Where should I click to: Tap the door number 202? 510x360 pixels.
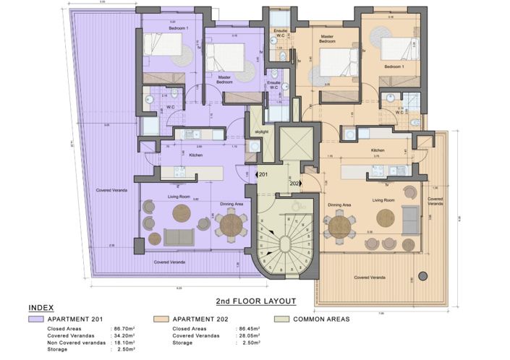(295, 183)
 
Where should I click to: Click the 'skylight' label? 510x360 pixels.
(260, 132)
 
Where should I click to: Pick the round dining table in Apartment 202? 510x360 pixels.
(339, 226)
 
